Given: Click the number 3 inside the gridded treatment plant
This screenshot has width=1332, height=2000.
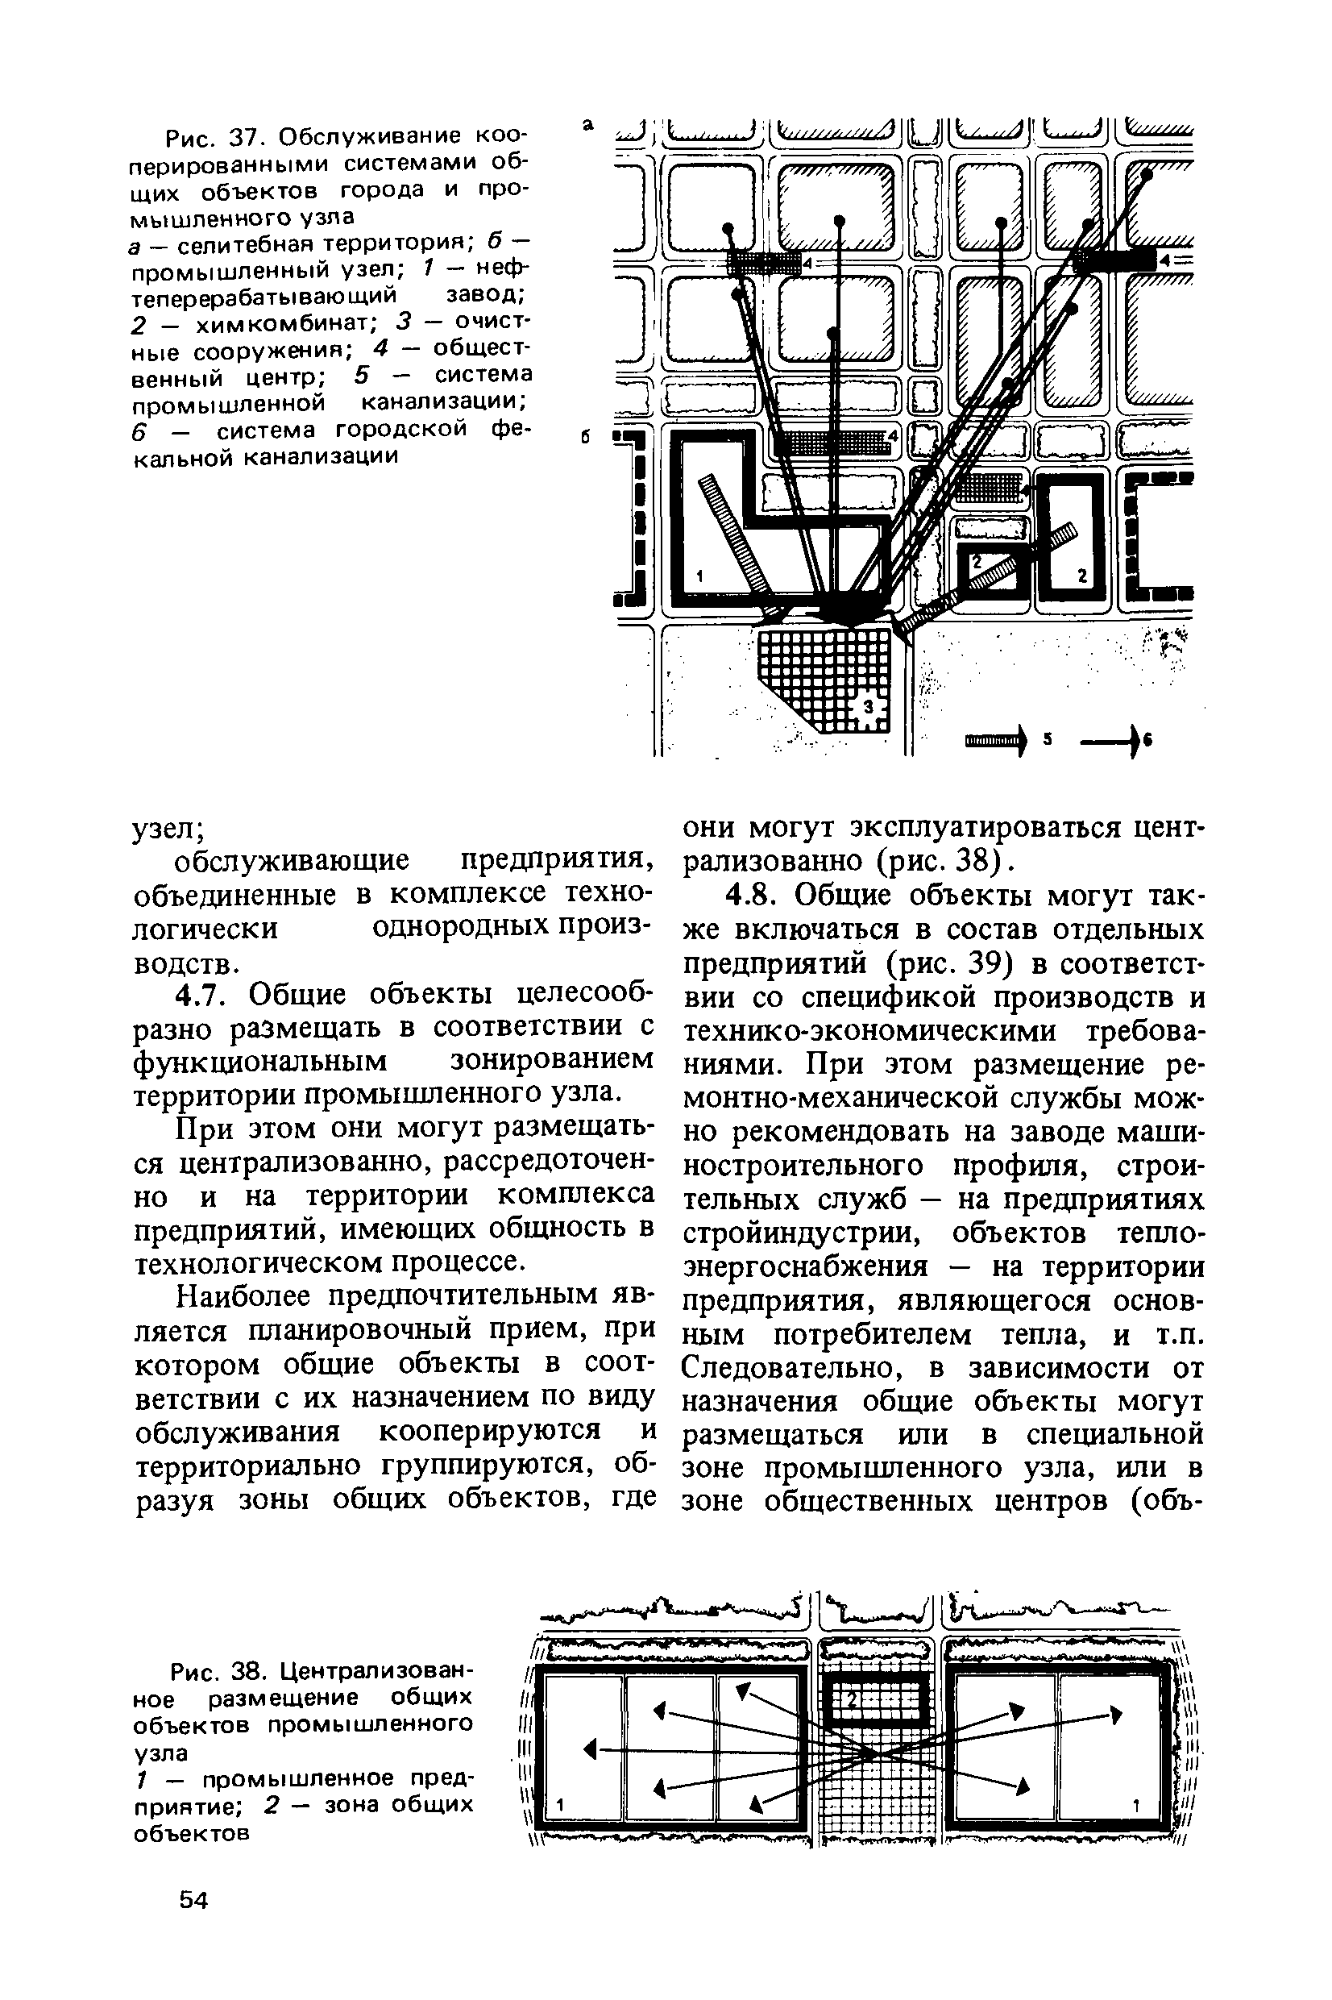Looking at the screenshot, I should pos(868,707).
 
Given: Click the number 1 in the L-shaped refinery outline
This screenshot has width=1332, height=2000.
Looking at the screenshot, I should pos(699,577).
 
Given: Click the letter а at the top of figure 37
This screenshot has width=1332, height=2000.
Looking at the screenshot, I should pos(587,126).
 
